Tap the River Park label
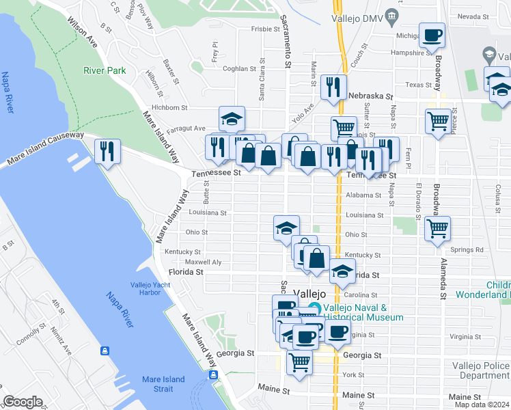105,70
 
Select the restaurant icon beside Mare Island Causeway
108,151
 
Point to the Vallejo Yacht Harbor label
146,289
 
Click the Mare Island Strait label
163,384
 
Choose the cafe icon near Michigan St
432,36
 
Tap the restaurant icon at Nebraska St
333,86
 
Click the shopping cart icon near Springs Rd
437,229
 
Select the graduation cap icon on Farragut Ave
232,119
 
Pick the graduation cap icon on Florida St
342,271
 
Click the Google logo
23,402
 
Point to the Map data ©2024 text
482,405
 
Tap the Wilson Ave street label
83,31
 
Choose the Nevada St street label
471,16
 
